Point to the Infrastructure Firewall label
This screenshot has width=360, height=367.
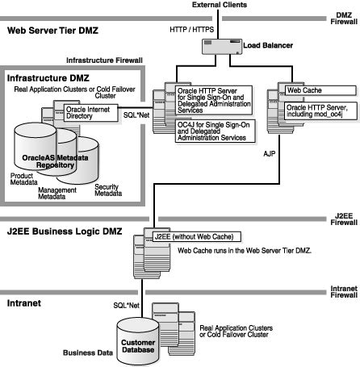103,60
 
